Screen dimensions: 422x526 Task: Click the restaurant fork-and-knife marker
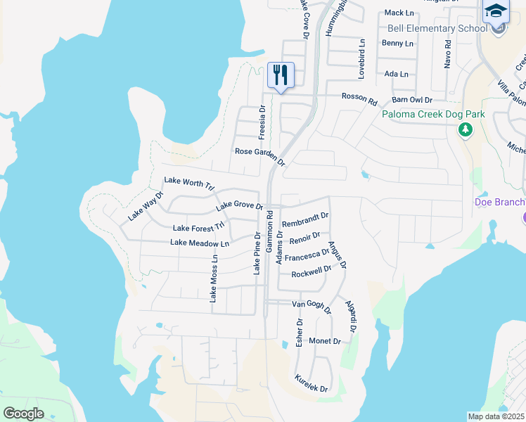[x=281, y=75]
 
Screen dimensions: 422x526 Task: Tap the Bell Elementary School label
[x=437, y=28]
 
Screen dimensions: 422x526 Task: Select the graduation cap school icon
[x=495, y=13]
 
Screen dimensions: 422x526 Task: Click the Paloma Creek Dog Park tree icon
[x=464, y=129]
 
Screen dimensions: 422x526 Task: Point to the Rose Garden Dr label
[x=260, y=156]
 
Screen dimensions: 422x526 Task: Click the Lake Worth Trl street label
[x=188, y=184]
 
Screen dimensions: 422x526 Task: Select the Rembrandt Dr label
[x=305, y=220]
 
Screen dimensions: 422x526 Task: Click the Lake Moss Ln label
[x=214, y=278]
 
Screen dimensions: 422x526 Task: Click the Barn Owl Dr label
[x=413, y=100]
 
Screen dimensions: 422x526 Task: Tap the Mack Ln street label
[x=399, y=13]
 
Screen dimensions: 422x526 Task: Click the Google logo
[x=24, y=413]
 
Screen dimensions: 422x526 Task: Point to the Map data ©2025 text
[x=495, y=416]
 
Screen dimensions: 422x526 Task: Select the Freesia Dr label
[x=262, y=121]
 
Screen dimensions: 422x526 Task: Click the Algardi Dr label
[x=351, y=316]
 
